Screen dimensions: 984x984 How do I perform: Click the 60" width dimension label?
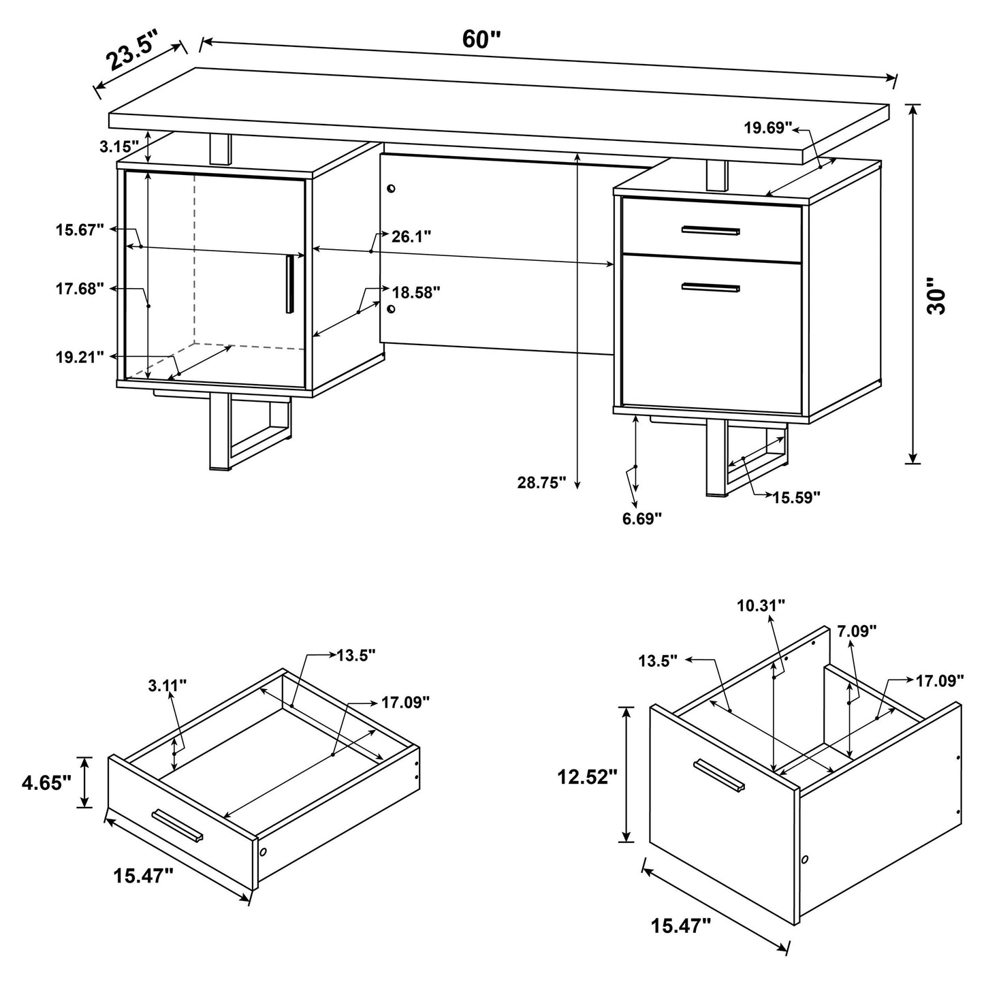coord(481,39)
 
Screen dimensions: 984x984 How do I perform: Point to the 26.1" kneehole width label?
coord(411,236)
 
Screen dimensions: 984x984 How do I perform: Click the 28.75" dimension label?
coord(541,483)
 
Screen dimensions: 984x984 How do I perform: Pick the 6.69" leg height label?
coord(641,519)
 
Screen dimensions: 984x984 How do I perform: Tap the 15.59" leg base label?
coord(796,497)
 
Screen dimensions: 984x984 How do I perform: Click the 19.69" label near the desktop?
coord(768,127)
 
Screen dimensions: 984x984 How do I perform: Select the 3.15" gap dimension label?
coord(119,146)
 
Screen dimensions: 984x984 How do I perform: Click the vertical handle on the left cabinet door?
coord(291,284)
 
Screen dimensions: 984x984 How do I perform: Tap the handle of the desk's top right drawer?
coord(710,231)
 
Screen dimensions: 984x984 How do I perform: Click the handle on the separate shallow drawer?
coord(178,825)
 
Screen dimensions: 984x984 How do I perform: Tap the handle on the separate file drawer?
coord(719,776)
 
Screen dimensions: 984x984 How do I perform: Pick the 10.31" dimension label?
coord(761,604)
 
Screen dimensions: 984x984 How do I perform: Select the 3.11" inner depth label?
coord(168,686)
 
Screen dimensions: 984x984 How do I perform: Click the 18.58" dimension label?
coord(416,292)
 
